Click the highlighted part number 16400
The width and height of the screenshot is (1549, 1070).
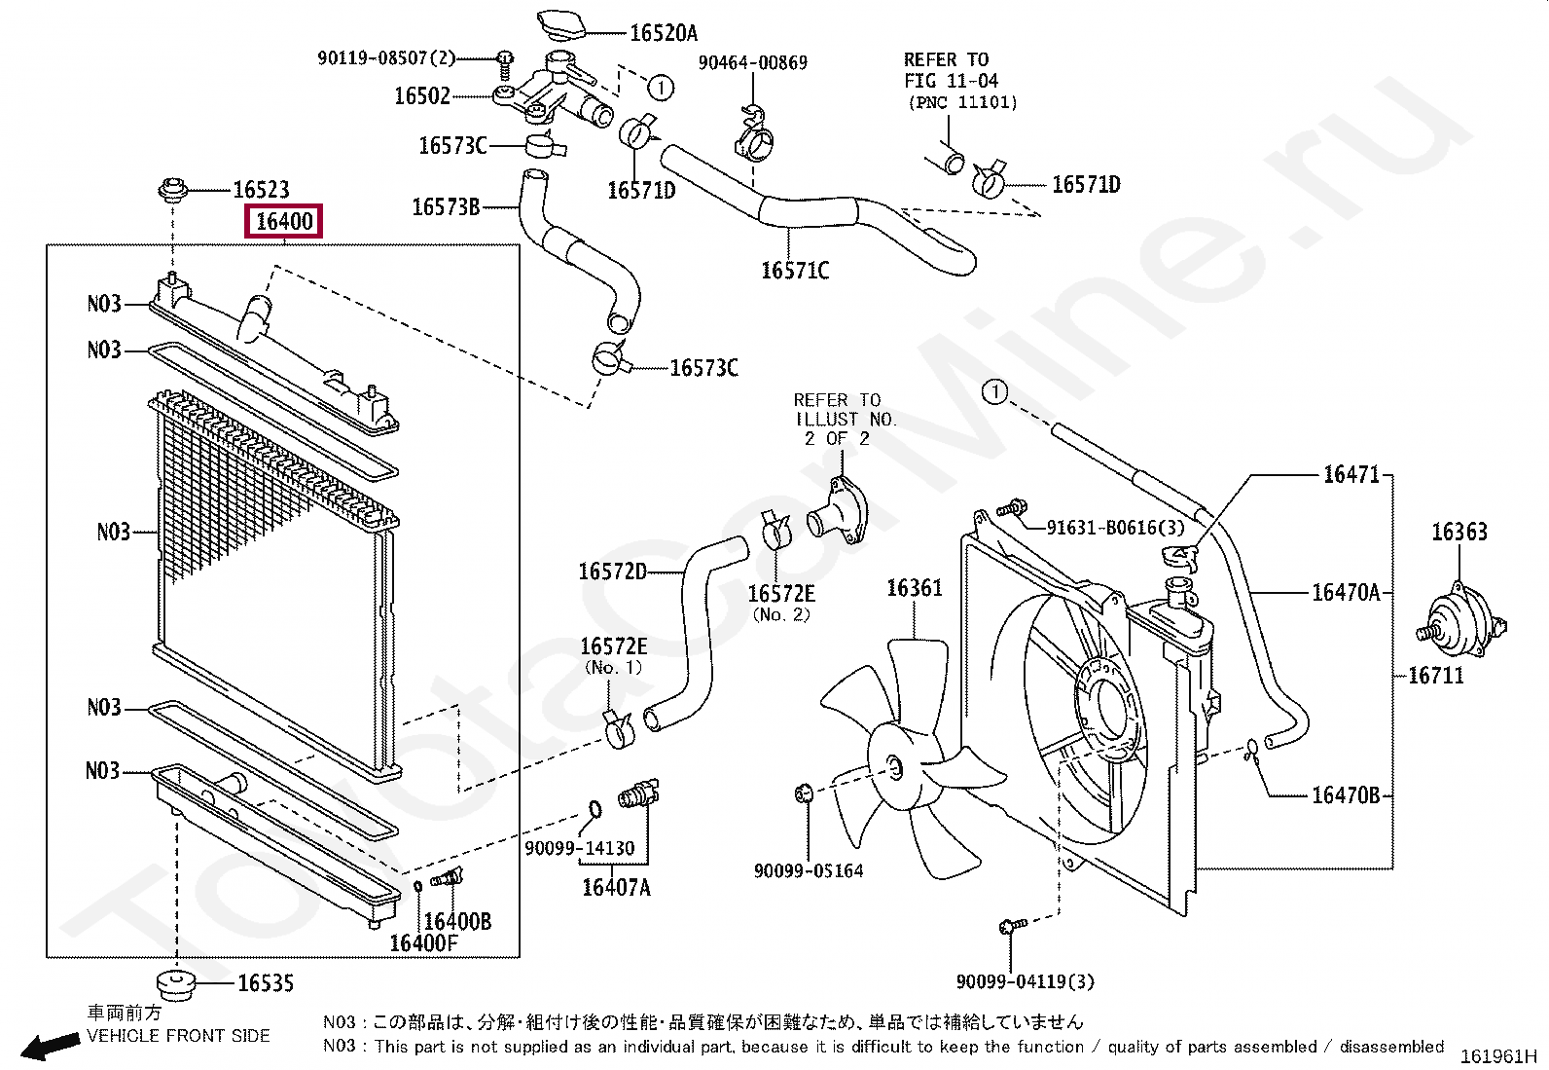click(x=284, y=222)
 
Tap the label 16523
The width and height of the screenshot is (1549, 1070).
click(x=261, y=190)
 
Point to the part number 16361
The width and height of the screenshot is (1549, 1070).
click(x=914, y=588)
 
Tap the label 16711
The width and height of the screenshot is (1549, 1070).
click(x=1436, y=675)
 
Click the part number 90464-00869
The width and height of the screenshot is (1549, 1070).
click(x=752, y=63)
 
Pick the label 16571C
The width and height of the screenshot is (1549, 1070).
click(x=795, y=271)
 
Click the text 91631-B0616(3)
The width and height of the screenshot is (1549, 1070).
click(x=1115, y=528)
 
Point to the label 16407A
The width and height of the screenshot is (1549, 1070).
click(x=616, y=887)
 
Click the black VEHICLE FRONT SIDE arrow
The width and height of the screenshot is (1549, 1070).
click(x=51, y=1047)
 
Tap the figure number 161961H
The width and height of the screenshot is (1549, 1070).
click(x=1497, y=1056)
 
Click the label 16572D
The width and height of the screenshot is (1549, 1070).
click(x=612, y=572)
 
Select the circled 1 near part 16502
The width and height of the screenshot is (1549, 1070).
click(x=660, y=89)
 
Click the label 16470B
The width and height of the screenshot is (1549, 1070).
click(x=1345, y=795)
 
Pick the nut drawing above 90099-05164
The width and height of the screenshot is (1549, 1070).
click(x=803, y=793)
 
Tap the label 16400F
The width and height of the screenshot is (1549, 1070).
click(x=423, y=942)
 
